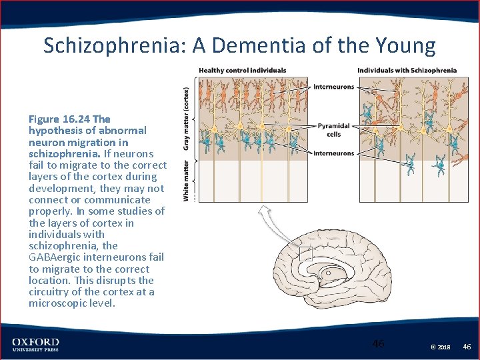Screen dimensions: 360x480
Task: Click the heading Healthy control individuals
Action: [x=243, y=70]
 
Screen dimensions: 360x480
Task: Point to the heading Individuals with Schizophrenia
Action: [x=407, y=70]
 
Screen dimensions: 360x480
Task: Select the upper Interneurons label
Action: [x=333, y=87]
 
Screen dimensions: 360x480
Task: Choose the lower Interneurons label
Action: [x=333, y=153]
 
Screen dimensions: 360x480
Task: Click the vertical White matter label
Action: [x=187, y=179]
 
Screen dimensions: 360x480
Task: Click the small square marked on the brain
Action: [x=305, y=253]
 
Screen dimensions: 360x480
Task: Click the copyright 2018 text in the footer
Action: [x=441, y=347]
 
